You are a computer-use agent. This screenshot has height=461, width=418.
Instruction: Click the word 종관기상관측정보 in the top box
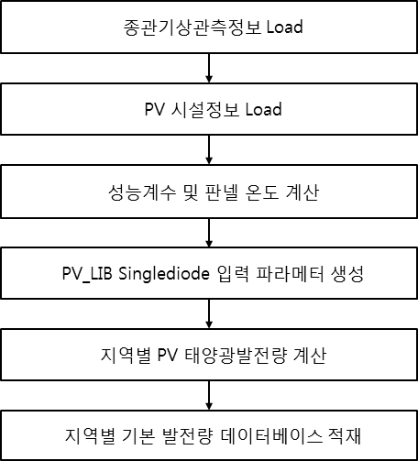click(x=192, y=27)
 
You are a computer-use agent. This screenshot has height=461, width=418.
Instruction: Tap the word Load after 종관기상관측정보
click(x=285, y=27)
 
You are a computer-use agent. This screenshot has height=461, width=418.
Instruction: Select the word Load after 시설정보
click(x=264, y=109)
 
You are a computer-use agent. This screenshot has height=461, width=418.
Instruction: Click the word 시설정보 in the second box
click(x=204, y=110)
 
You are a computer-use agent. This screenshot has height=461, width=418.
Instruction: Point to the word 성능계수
click(x=142, y=192)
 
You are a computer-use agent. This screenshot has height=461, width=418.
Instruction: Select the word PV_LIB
click(x=87, y=273)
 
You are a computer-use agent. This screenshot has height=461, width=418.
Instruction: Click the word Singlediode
click(x=164, y=274)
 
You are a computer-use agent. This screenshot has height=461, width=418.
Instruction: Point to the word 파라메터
click(x=290, y=274)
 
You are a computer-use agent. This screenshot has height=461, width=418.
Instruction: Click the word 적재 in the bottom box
click(x=345, y=436)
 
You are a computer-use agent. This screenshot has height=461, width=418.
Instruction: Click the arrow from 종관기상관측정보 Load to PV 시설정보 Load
click(x=209, y=68)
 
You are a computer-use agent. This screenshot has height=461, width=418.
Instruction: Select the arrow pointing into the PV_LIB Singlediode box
click(x=209, y=232)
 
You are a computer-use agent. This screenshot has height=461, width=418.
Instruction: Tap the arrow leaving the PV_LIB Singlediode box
click(x=209, y=313)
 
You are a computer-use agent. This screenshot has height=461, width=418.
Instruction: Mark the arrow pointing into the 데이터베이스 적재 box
click(x=209, y=395)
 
